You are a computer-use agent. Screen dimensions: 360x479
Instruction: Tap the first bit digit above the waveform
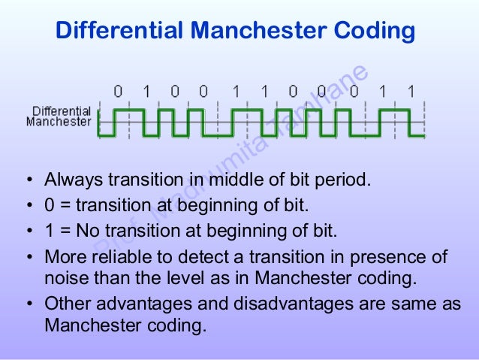(118, 91)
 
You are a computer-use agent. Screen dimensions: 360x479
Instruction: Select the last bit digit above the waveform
(410, 91)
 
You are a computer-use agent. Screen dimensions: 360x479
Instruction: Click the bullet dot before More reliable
(29, 259)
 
